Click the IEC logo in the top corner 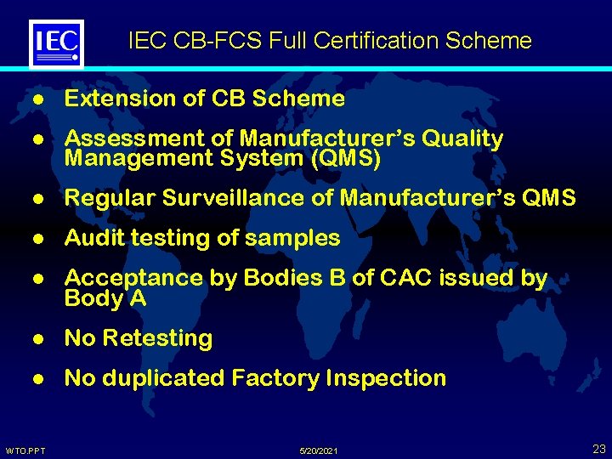point(56,42)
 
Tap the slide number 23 point(598,449)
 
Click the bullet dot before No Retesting point(37,339)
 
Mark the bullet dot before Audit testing point(37,239)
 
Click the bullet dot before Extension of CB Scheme point(37,99)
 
